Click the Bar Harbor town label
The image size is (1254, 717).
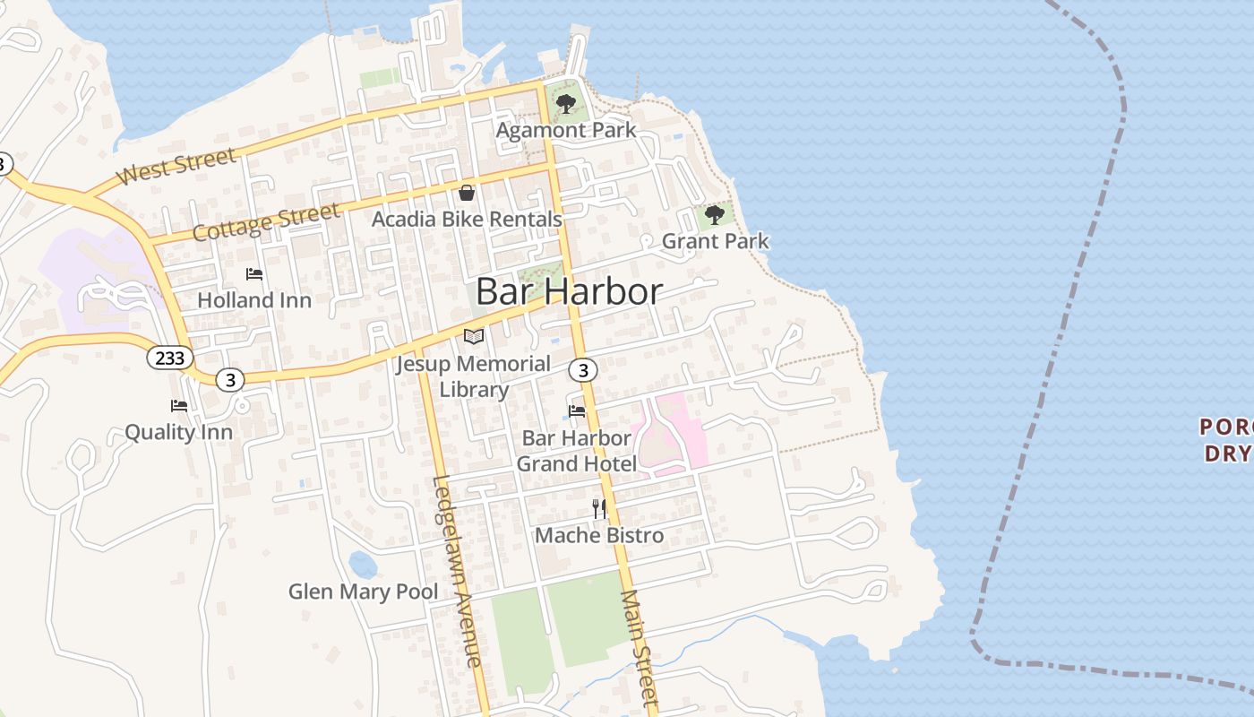[569, 292]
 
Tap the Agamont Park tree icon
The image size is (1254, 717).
[565, 104]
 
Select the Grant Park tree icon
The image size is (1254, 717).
[714, 215]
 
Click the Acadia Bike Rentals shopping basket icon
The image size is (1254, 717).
[467, 193]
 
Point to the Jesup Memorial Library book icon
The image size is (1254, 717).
[474, 337]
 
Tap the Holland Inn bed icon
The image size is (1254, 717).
[254, 273]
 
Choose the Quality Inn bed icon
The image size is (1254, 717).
[179, 406]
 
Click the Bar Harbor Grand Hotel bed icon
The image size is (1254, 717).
[577, 411]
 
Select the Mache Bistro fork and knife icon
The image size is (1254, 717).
[599, 509]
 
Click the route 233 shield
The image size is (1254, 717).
[169, 358]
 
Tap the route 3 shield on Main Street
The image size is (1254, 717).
[583, 369]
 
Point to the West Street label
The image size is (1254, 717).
[177, 167]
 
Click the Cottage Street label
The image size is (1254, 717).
[266, 221]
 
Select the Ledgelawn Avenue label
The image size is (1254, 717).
[456, 570]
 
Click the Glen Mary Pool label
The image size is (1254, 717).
[363, 592]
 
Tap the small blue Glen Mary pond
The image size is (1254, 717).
[362, 565]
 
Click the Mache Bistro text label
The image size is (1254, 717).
[599, 536]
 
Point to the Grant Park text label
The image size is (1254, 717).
[715, 241]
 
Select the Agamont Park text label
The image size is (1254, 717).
[566, 130]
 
